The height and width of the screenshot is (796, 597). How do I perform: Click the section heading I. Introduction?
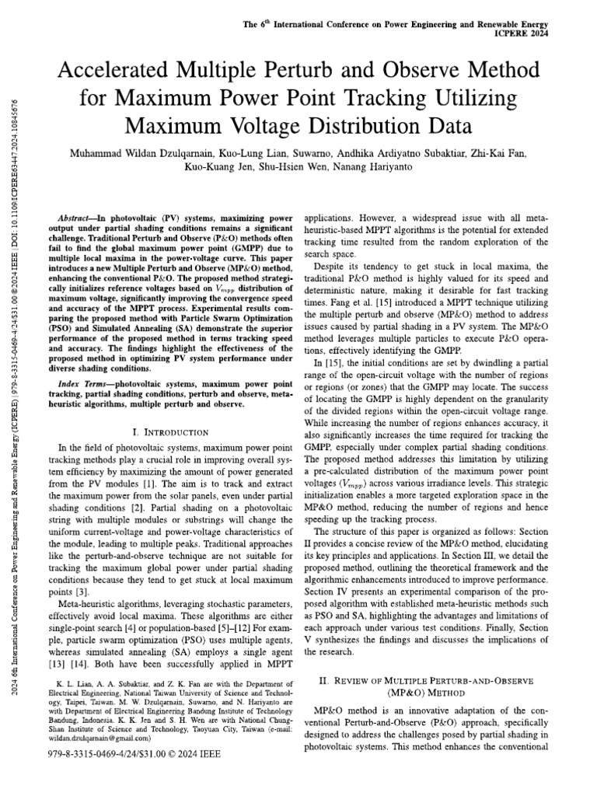click(170, 431)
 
